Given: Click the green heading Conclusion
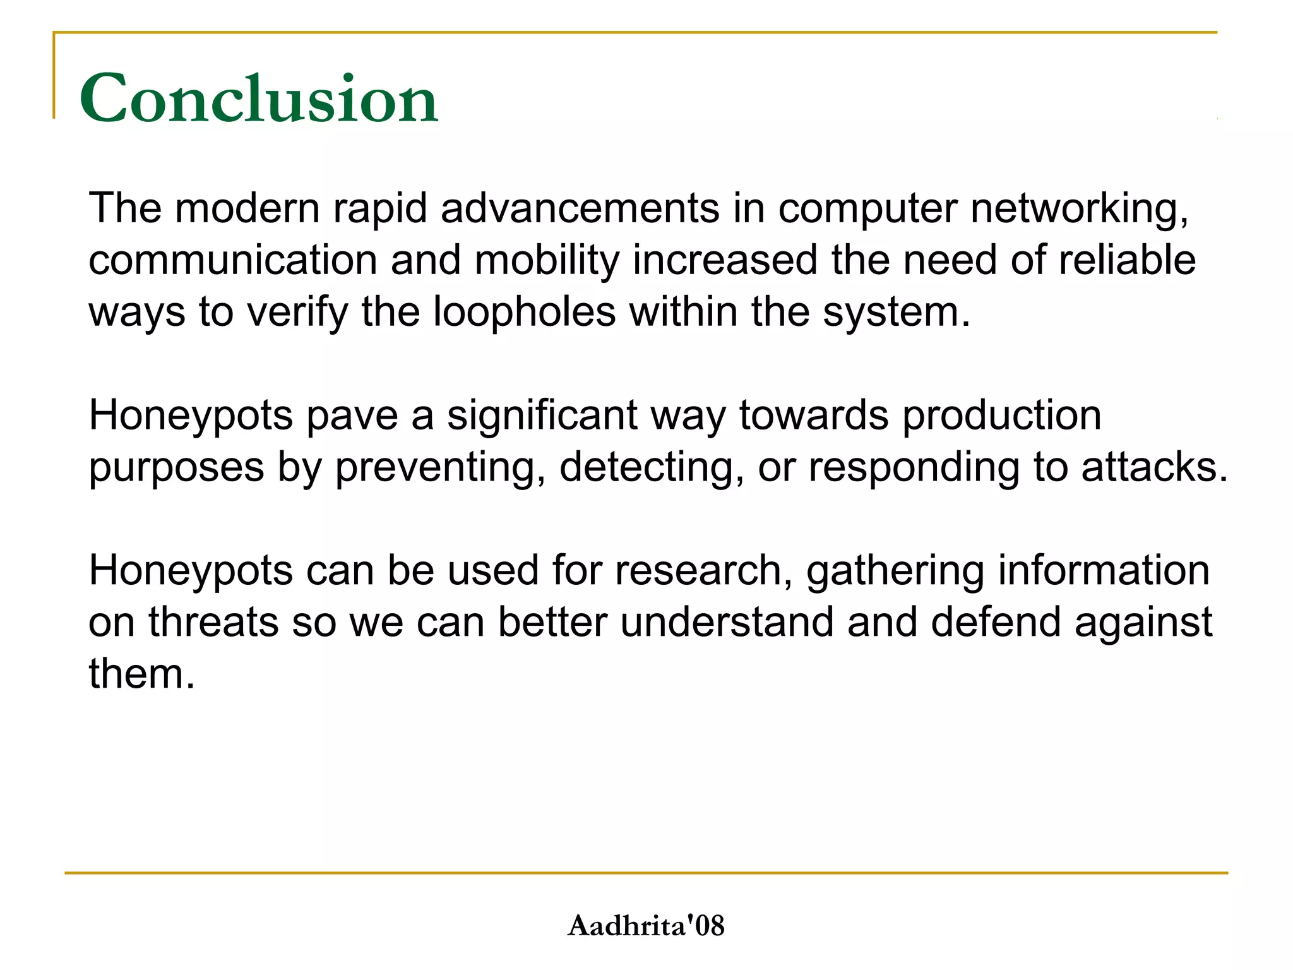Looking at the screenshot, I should (259, 99).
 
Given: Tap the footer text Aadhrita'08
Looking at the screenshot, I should (646, 926).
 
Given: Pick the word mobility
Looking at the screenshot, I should (547, 261).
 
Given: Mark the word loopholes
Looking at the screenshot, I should (524, 312).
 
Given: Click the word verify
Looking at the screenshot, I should (297, 312).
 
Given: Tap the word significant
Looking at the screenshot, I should (542, 416).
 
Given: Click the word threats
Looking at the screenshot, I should (213, 622).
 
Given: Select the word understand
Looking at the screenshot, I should (727, 622).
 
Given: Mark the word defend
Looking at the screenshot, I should (996, 622).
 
